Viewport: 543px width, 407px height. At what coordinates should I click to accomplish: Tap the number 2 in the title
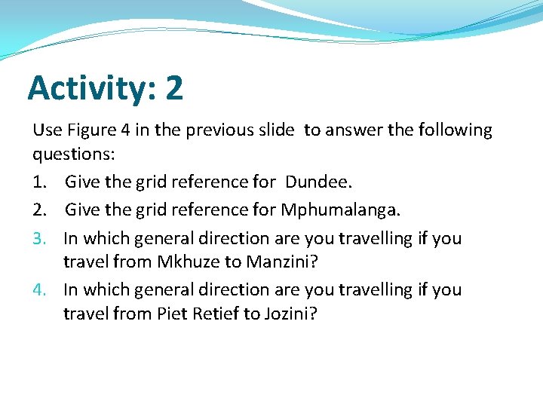pos(173,88)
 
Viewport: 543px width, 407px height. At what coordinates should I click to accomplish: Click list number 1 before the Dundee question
pos(39,182)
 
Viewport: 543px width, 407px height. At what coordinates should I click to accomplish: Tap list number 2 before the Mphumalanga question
pos(39,210)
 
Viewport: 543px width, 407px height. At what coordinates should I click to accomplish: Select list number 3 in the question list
pos(39,239)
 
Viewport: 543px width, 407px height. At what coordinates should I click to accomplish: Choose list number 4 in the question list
pos(39,290)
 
